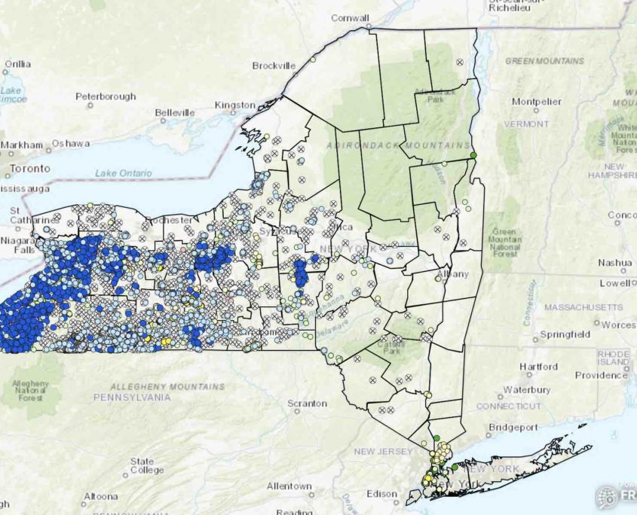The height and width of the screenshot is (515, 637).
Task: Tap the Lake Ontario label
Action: [x=124, y=173]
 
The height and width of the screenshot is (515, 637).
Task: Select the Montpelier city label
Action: [x=537, y=101]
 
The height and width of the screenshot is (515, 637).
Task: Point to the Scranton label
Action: [x=307, y=404]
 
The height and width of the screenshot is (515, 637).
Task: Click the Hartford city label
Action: [x=539, y=367]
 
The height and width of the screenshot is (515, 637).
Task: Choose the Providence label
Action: [x=601, y=375]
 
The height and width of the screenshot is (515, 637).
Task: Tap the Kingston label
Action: [x=235, y=105]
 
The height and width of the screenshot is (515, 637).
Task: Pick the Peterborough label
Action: [x=106, y=96]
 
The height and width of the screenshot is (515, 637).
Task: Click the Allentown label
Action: [x=288, y=486]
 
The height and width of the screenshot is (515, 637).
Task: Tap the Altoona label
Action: [x=100, y=496]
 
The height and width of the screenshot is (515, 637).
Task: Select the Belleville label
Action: [x=176, y=113]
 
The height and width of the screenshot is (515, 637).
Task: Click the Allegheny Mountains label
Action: [x=160, y=386]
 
